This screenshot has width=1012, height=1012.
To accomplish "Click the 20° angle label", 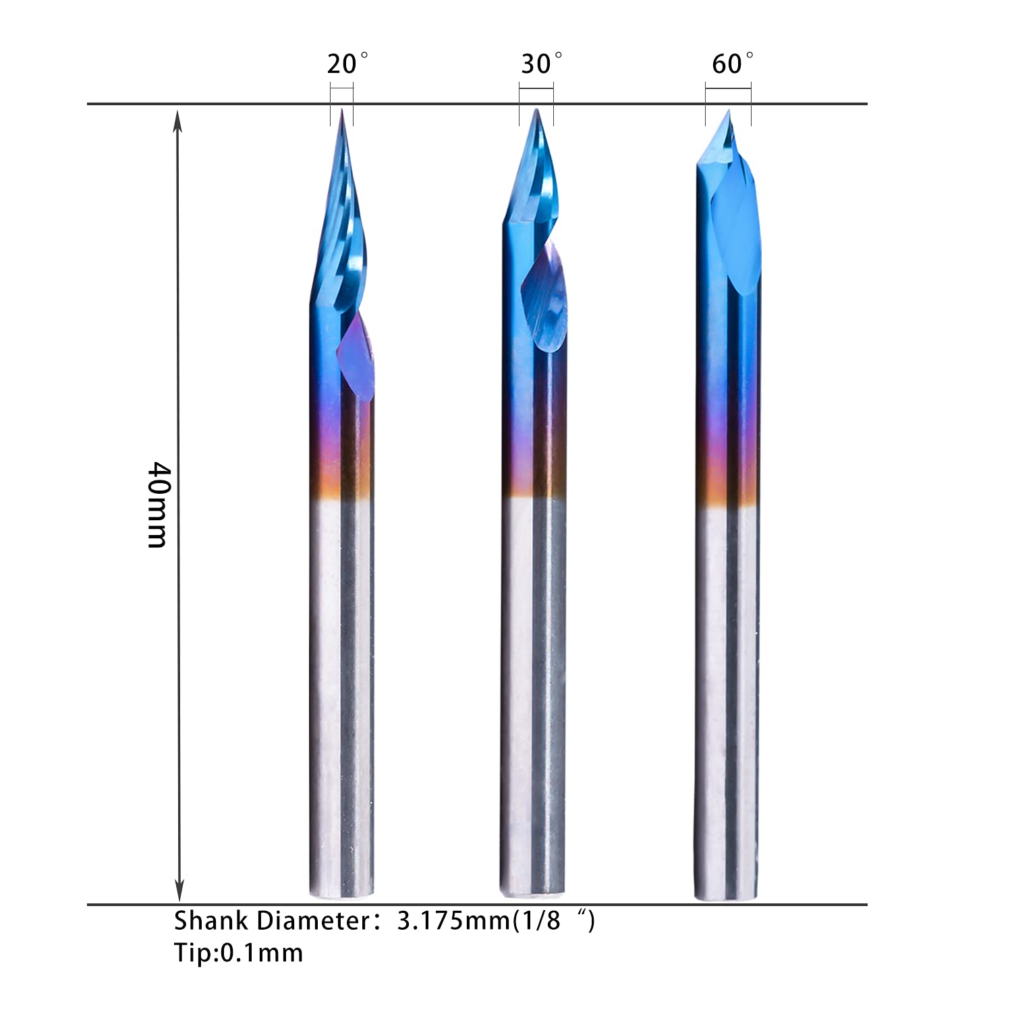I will [x=347, y=64].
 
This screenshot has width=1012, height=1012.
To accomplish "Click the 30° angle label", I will [x=540, y=64].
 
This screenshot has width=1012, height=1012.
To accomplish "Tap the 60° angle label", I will [x=731, y=64].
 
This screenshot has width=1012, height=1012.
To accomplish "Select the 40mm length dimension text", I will [x=158, y=504].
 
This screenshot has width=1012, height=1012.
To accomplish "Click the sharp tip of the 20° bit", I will [x=342, y=110].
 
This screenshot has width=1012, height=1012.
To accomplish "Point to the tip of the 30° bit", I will [x=536, y=110].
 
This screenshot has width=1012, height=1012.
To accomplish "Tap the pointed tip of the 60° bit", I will [x=728, y=111].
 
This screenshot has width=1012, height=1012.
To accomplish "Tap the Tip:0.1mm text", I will [x=238, y=953].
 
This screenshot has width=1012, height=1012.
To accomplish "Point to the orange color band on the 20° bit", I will [x=341, y=482].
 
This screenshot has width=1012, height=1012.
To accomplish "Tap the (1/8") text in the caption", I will [x=553, y=921].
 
